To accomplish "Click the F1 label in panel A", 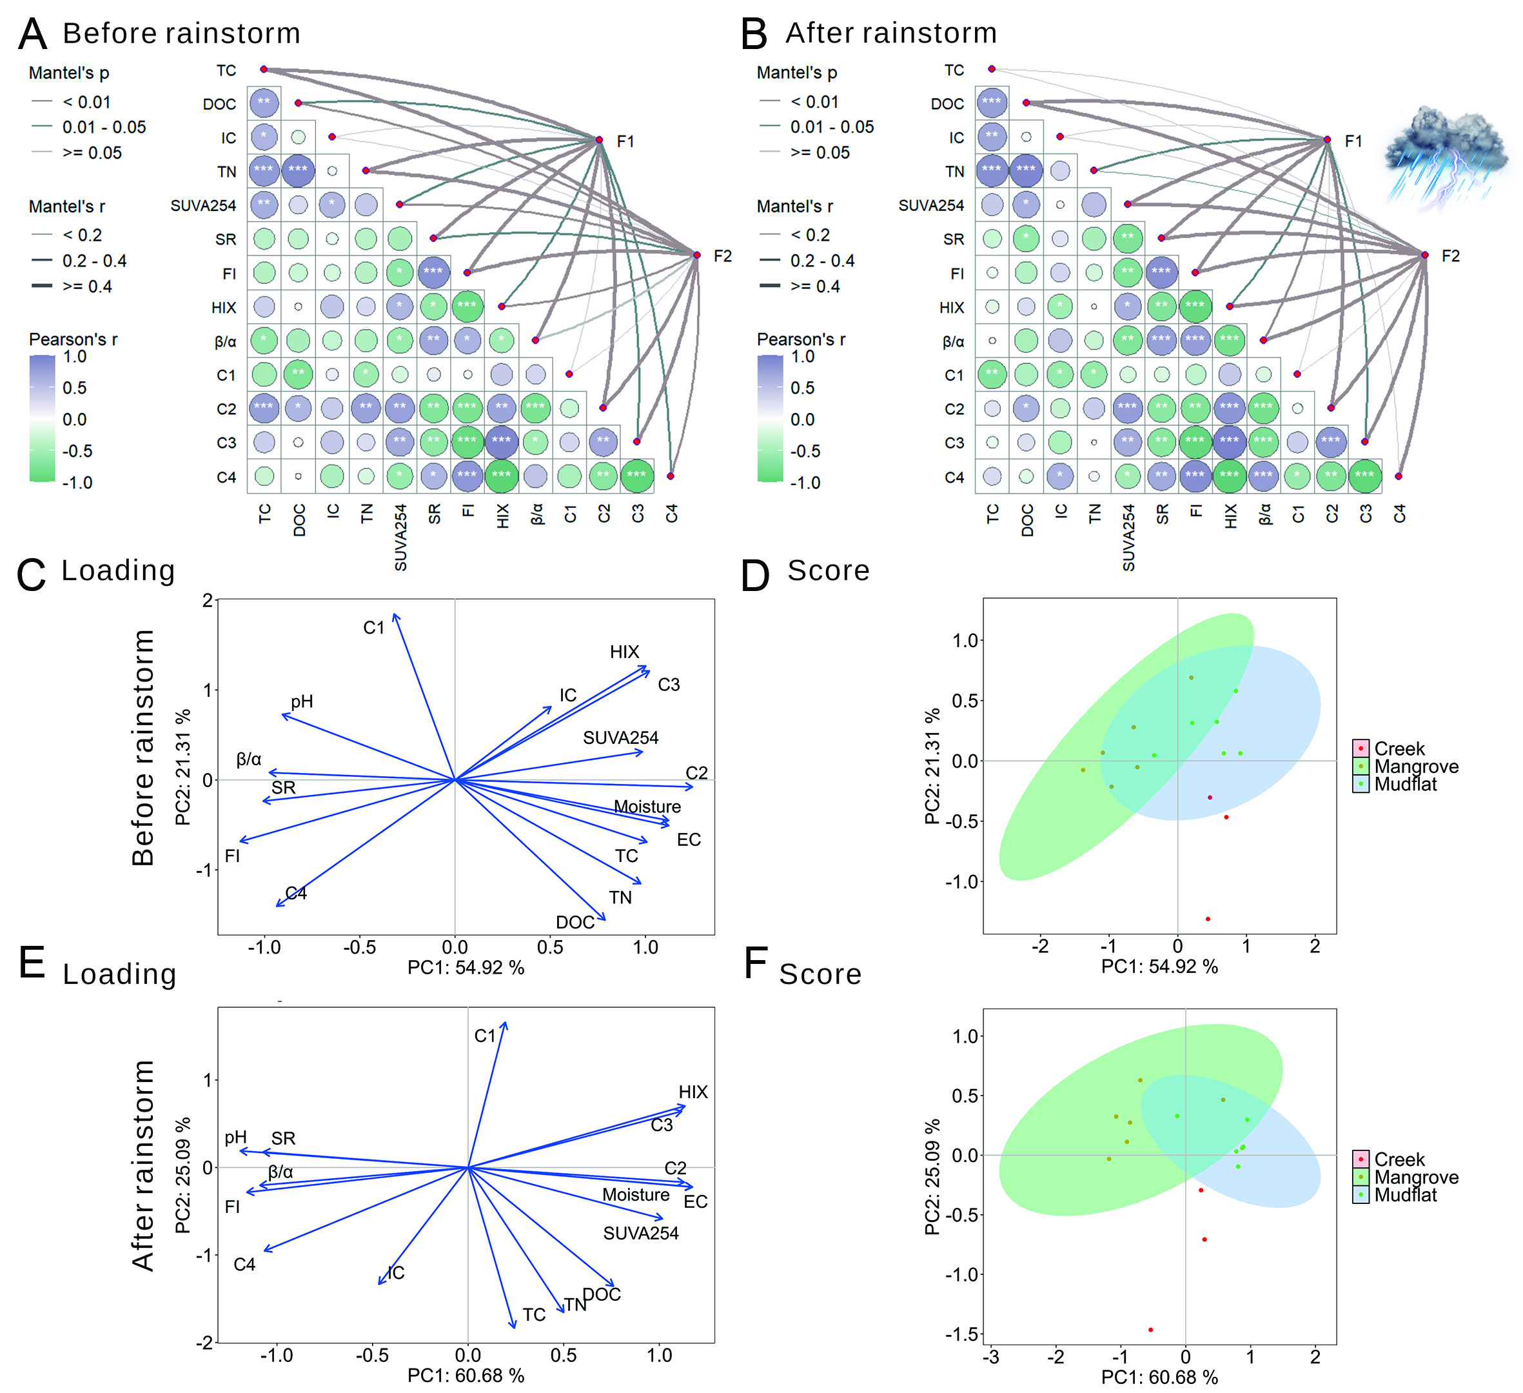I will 625,141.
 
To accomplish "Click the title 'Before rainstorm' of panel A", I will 181,34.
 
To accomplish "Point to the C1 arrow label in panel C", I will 374,628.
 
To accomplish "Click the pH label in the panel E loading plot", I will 236,1137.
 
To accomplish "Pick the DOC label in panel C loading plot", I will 575,923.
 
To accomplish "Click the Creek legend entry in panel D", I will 1399,749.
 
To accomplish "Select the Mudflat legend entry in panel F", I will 1404,1195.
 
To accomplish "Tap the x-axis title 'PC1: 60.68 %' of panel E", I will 466,1376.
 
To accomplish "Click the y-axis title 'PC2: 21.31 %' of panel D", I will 933,766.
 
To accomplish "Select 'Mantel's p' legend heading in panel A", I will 69,74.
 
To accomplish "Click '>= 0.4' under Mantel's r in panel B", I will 815,286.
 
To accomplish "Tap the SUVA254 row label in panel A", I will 203,206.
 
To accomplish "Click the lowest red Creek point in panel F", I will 1150,1330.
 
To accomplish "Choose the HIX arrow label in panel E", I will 693,1092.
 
